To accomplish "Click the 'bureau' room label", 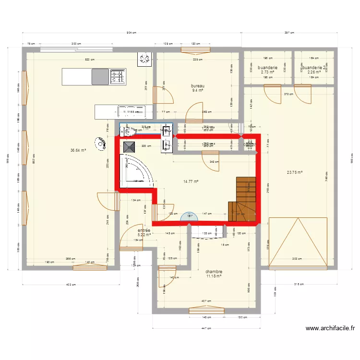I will point(198,86).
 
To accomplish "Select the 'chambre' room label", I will point(214,272).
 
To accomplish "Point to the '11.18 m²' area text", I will point(214,276).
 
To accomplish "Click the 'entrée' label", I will point(144,230).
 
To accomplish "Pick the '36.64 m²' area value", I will point(78,150).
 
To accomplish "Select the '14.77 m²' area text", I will point(191,181).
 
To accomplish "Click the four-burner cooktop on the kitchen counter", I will point(118,76).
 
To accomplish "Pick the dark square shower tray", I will point(129,147).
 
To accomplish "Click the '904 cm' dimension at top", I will point(131,33).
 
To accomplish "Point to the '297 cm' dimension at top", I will point(289,33).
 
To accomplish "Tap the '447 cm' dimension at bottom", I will point(206,329).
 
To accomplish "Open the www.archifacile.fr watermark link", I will point(330,329).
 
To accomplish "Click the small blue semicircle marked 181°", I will point(189,217).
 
